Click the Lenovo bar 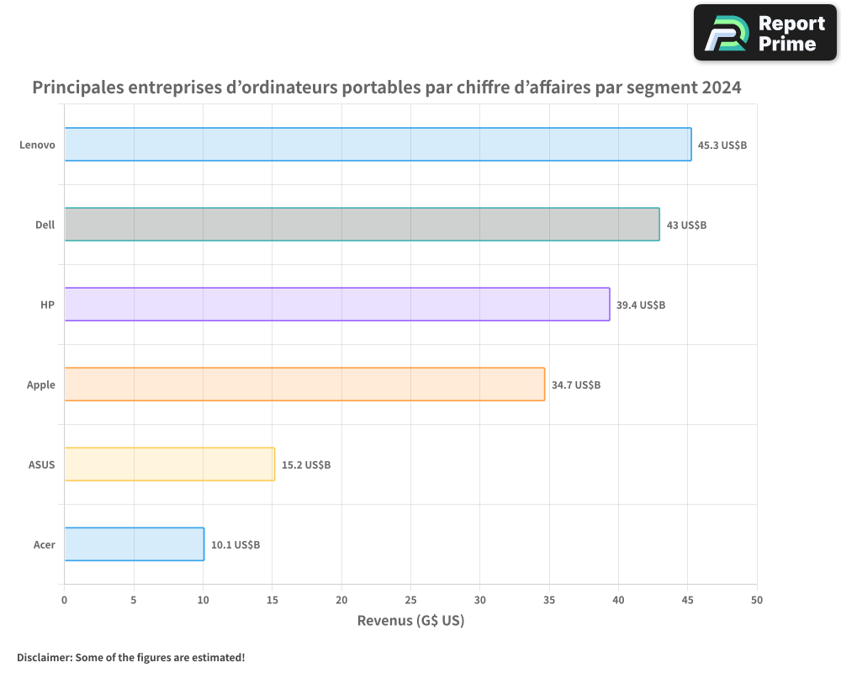pos(378,144)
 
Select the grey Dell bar pos(362,224)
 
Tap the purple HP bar pos(336,304)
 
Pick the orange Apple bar pos(304,384)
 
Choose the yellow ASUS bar pos(169,464)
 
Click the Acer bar pos(134,543)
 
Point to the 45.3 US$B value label pos(722,145)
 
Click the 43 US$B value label pos(686,225)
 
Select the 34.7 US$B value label pos(576,384)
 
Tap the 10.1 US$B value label pos(235,544)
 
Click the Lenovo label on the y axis pos(37,145)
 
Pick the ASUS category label pos(41,464)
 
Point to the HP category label pos(47,305)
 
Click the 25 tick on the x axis pos(410,600)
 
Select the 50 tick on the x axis pos(757,600)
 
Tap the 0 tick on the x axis pos(64,600)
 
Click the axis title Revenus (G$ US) pos(410,621)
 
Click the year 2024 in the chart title pos(718,87)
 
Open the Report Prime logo pos(764,33)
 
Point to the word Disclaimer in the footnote pos(43,657)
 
